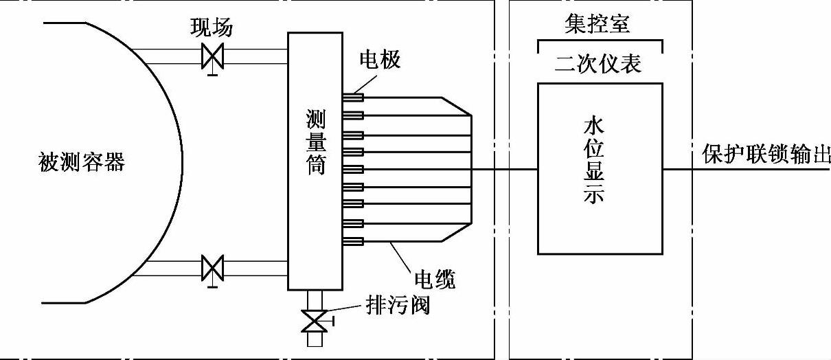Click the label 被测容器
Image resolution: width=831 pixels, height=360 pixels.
click(82, 163)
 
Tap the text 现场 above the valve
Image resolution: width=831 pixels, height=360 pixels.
click(212, 27)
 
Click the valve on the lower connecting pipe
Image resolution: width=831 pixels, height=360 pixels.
click(212, 267)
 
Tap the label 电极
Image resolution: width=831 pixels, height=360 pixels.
click(380, 60)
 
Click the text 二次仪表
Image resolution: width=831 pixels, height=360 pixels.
click(597, 64)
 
